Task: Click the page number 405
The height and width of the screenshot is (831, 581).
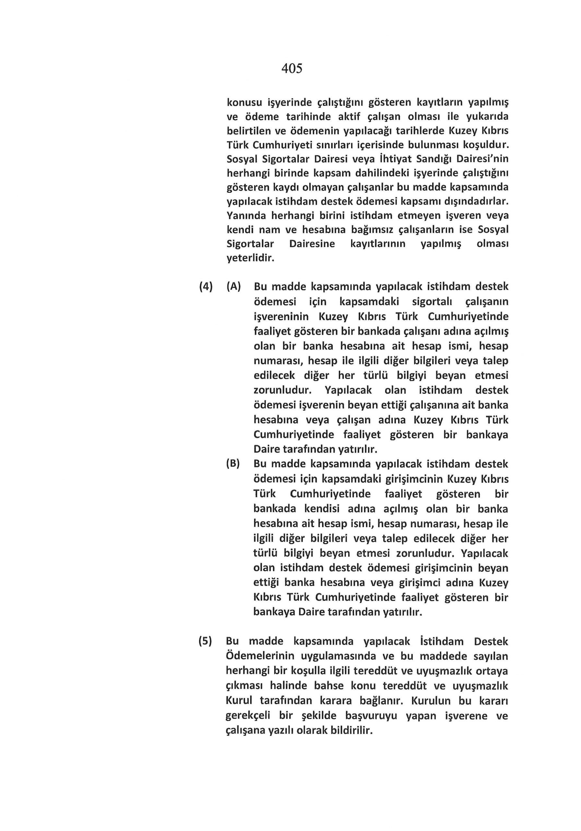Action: coord(291,68)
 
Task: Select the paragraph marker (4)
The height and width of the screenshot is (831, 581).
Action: coord(206,287)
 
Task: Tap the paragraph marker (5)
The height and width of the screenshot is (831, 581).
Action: coord(205,641)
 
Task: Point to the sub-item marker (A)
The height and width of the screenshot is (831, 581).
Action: coord(233,287)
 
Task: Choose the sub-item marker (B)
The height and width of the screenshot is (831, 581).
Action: coord(233,464)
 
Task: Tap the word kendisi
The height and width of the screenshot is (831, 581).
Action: coord(322,509)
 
